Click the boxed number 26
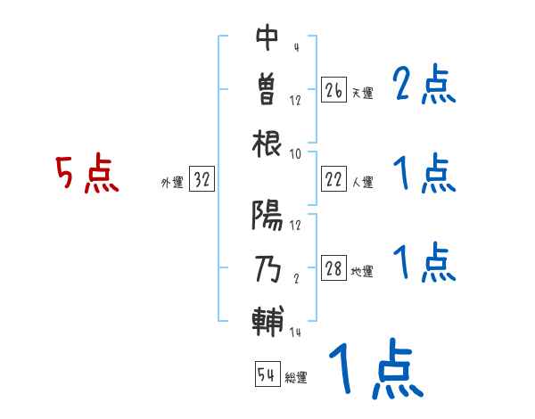click(x=334, y=90)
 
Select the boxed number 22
click(x=334, y=179)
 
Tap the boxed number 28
click(x=334, y=269)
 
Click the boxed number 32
click(x=202, y=180)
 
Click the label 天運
click(x=362, y=93)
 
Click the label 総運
click(x=296, y=377)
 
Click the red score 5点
click(x=86, y=175)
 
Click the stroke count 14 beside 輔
click(x=296, y=333)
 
